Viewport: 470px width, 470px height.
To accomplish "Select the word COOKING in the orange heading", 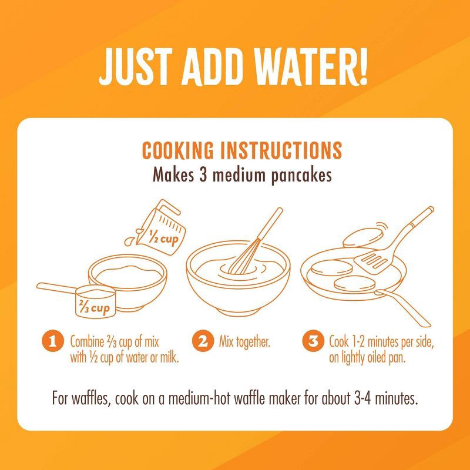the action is (178, 150).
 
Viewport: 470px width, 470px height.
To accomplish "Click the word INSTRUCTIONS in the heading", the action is (281, 150).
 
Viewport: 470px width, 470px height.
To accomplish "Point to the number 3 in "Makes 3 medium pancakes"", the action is (203, 174).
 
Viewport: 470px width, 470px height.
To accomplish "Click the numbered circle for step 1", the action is (53, 341).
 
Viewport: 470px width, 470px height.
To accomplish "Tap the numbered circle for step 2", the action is (203, 341).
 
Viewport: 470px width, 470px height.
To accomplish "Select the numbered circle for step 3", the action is (313, 341).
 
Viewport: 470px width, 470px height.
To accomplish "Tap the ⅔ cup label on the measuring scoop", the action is (94, 307).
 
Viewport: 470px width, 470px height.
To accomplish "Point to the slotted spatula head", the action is (371, 260).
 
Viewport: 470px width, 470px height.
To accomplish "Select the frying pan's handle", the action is (402, 307).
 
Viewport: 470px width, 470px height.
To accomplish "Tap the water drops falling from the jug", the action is (132, 237).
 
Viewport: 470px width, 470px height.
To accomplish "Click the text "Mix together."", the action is (244, 342).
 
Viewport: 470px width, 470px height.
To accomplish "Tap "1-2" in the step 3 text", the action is (357, 342).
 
